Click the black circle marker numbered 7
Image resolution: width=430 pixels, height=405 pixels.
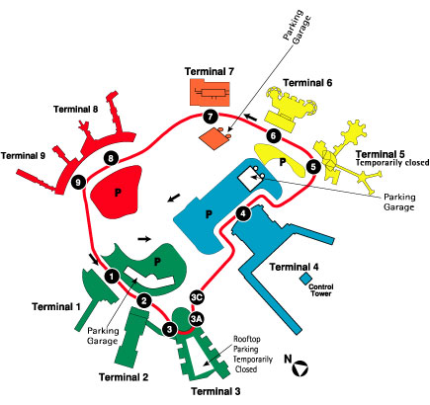(211, 117)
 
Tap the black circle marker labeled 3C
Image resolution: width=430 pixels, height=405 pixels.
(197, 297)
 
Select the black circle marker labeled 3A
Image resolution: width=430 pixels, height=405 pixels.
(197, 318)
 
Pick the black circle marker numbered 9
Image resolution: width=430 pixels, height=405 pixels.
(78, 182)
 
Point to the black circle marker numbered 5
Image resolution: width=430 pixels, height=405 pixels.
(313, 167)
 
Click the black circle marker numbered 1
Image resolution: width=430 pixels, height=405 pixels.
(112, 276)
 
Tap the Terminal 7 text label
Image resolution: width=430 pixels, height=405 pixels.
(210, 71)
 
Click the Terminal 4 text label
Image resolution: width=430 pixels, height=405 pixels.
(295, 267)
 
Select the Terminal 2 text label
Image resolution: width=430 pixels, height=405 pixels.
(124, 377)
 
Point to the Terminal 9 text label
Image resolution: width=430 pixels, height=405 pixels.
(23, 155)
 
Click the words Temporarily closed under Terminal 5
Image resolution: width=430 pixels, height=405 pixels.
(392, 163)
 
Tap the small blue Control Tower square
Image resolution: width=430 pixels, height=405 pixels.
(305, 279)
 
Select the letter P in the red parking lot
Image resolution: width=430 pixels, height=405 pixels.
(118, 193)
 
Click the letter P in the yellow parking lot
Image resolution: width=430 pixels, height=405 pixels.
(283, 162)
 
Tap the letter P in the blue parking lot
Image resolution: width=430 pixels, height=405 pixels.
(209, 214)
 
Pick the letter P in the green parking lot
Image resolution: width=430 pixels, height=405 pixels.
(157, 262)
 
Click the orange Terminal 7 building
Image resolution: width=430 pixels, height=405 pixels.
(210, 92)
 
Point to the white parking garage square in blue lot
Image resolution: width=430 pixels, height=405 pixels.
(250, 178)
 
